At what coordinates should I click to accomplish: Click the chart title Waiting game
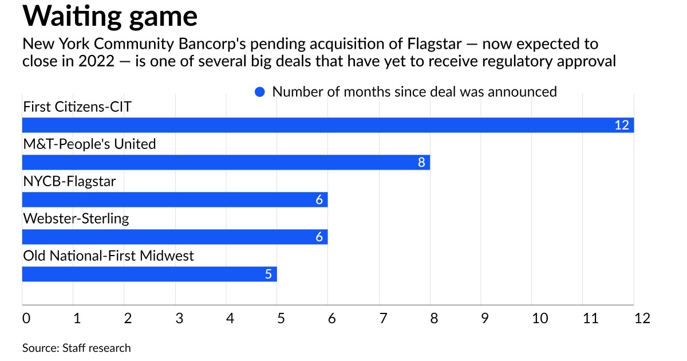110,17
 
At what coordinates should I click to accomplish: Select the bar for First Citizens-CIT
327,125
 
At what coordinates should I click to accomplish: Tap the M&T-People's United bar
226,162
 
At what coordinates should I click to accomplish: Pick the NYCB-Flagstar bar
175,199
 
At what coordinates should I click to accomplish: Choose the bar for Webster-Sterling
175,237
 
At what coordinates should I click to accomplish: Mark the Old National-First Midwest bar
149,274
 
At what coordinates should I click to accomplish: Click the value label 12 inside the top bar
622,125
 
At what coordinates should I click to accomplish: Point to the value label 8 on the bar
422,162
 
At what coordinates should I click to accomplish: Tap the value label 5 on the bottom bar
268,274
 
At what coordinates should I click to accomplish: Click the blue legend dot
260,92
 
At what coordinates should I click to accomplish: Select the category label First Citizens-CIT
77,107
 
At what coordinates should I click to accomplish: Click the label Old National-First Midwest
108,255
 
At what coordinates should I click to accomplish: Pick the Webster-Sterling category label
76,218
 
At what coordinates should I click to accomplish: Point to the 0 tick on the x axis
26,318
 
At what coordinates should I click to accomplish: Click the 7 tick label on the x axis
383,318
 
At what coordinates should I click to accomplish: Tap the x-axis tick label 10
540,318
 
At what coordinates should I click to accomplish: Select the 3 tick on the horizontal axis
179,318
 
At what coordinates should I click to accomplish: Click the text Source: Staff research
77,348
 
